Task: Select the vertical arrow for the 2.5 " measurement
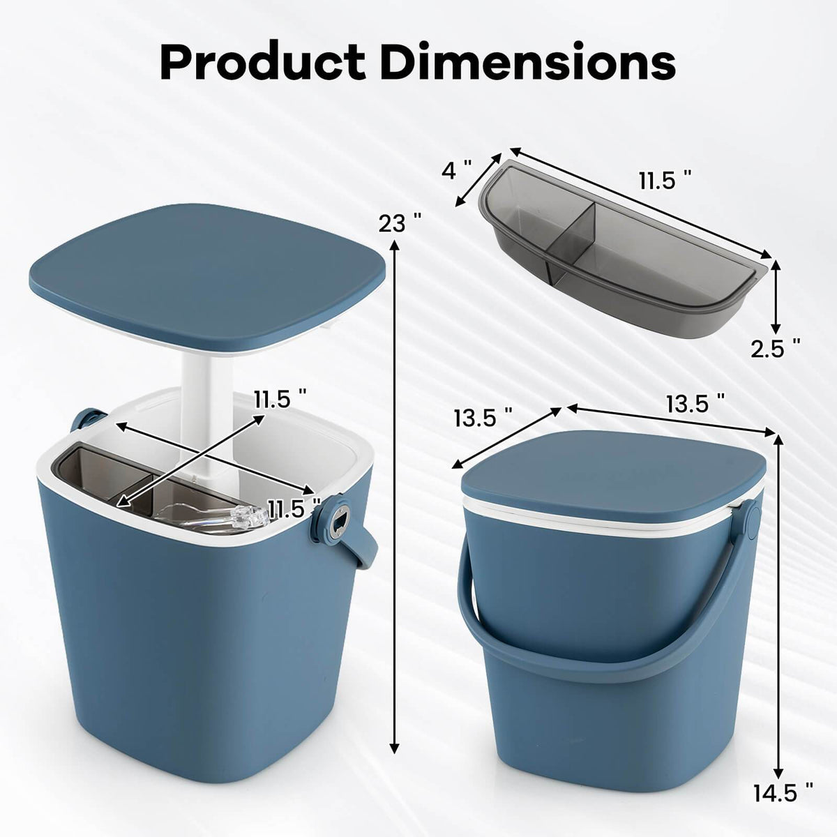click(775, 293)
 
